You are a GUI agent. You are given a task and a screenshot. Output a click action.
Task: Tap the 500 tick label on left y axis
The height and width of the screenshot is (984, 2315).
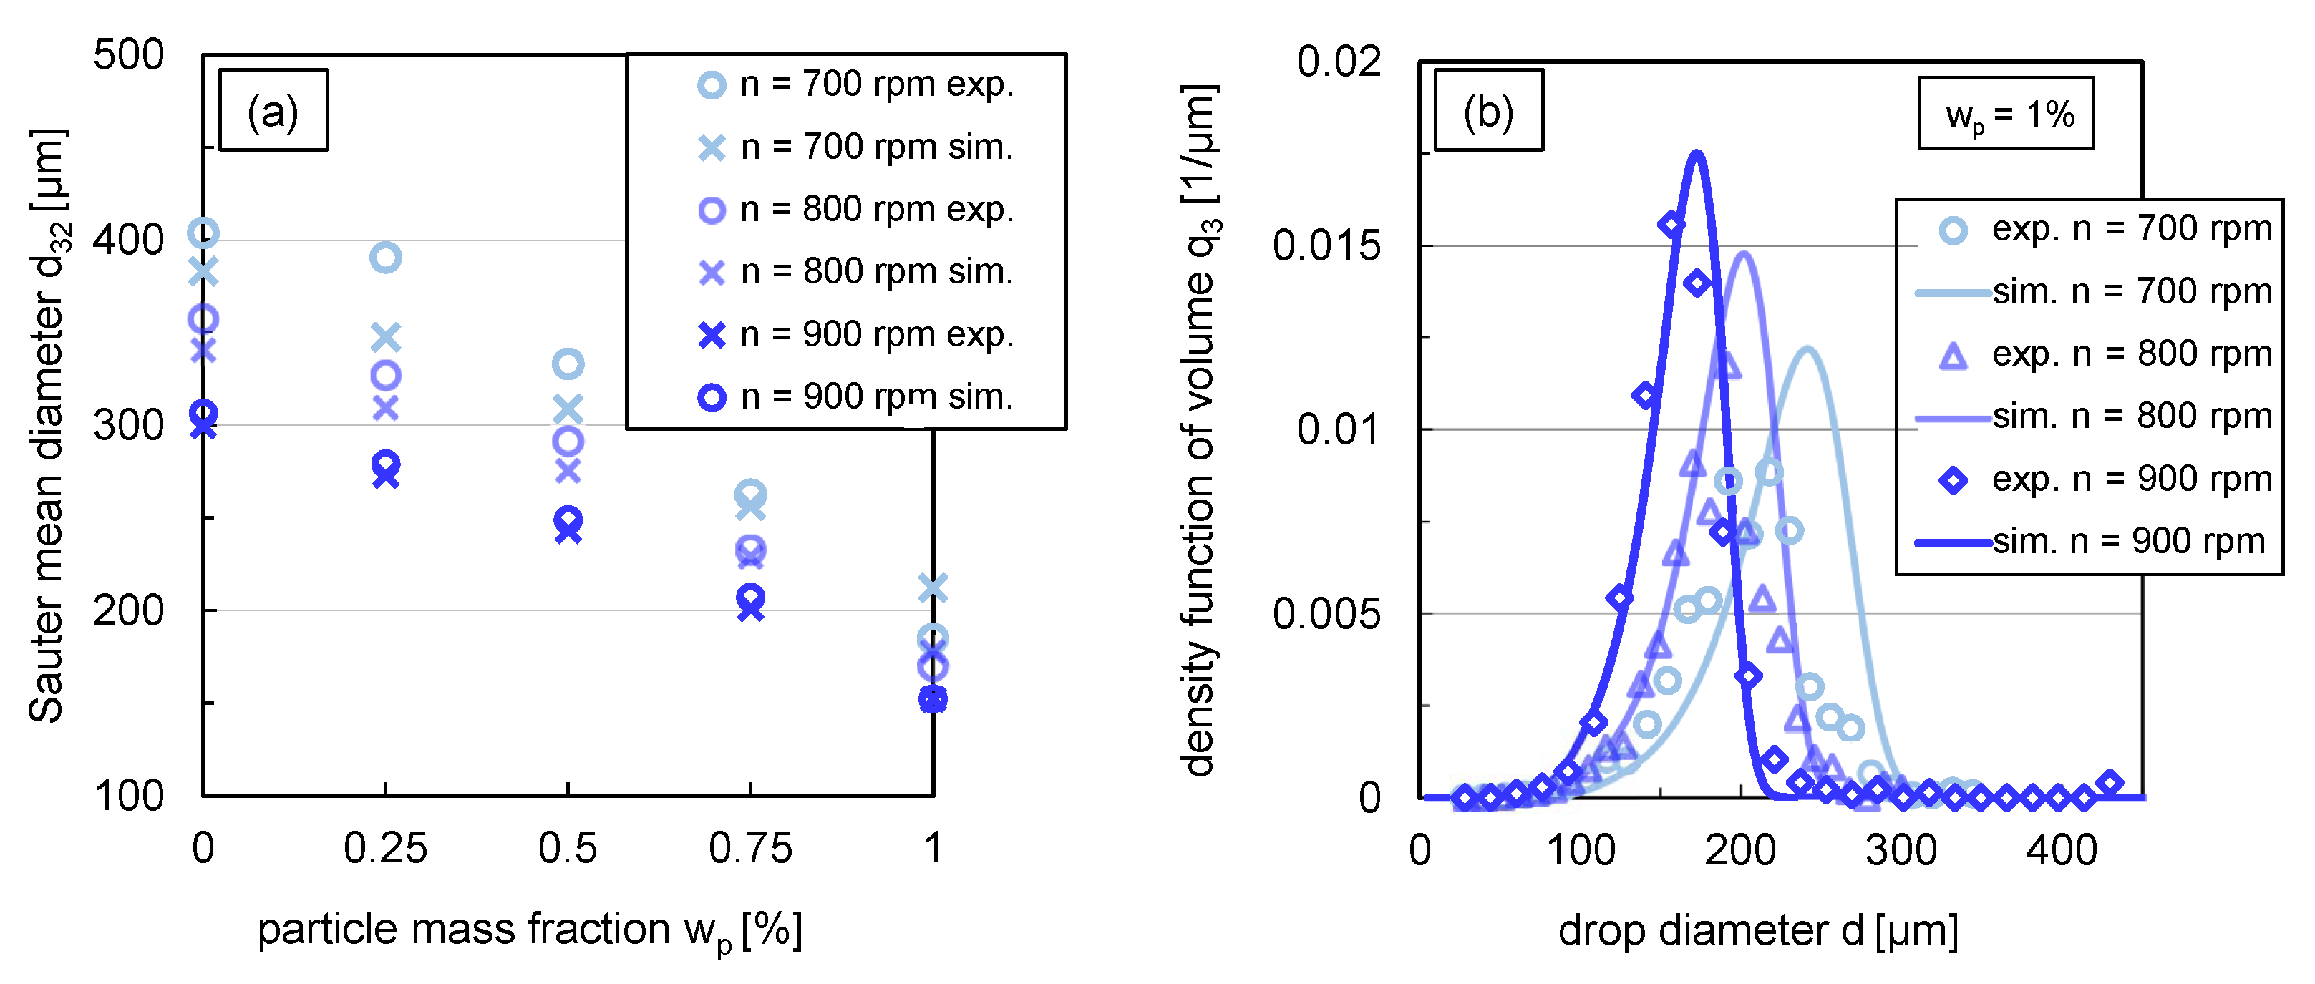[x=129, y=56]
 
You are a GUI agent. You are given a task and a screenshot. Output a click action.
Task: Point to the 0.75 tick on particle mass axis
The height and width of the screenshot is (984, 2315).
[x=749, y=848]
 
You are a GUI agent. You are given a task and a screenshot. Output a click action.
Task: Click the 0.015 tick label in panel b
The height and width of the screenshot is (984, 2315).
[x=1326, y=246]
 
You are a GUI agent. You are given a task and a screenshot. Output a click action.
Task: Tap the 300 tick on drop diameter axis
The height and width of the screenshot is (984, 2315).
[x=1901, y=850]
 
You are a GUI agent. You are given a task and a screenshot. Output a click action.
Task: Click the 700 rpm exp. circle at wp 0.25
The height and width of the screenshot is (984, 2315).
[x=386, y=258]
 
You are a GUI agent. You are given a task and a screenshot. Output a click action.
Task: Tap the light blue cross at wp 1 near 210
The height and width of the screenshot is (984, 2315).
[x=933, y=588]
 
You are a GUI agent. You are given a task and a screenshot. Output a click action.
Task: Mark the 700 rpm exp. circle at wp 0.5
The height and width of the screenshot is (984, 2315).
[x=568, y=364]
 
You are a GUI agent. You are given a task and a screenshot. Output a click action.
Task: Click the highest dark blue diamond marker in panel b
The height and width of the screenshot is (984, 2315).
[x=1671, y=225]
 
